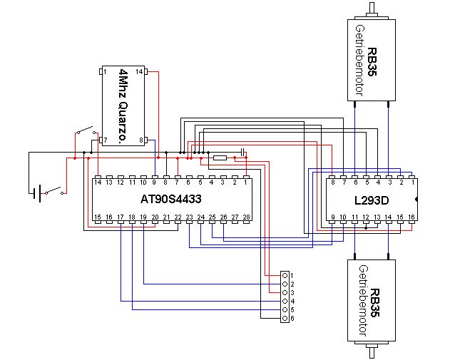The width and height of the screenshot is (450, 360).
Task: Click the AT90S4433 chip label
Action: [170, 200]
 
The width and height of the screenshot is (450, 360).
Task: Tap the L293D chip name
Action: [372, 200]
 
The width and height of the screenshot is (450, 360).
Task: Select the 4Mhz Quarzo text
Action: [126, 107]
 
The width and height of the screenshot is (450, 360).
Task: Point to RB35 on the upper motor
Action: [372, 61]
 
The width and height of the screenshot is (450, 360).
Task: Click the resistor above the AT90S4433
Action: [220, 158]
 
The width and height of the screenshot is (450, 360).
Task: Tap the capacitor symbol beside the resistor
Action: [242, 152]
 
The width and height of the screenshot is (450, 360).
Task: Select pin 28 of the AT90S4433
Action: [246, 217]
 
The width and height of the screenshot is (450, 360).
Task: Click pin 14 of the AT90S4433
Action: [98, 182]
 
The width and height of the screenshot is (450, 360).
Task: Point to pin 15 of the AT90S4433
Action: [98, 217]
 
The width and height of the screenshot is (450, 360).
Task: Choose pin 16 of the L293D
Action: [411, 217]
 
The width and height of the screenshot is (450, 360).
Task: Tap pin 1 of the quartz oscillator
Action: [104, 73]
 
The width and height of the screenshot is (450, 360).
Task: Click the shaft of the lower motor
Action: [372, 351]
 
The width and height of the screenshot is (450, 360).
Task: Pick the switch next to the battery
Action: [57, 191]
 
